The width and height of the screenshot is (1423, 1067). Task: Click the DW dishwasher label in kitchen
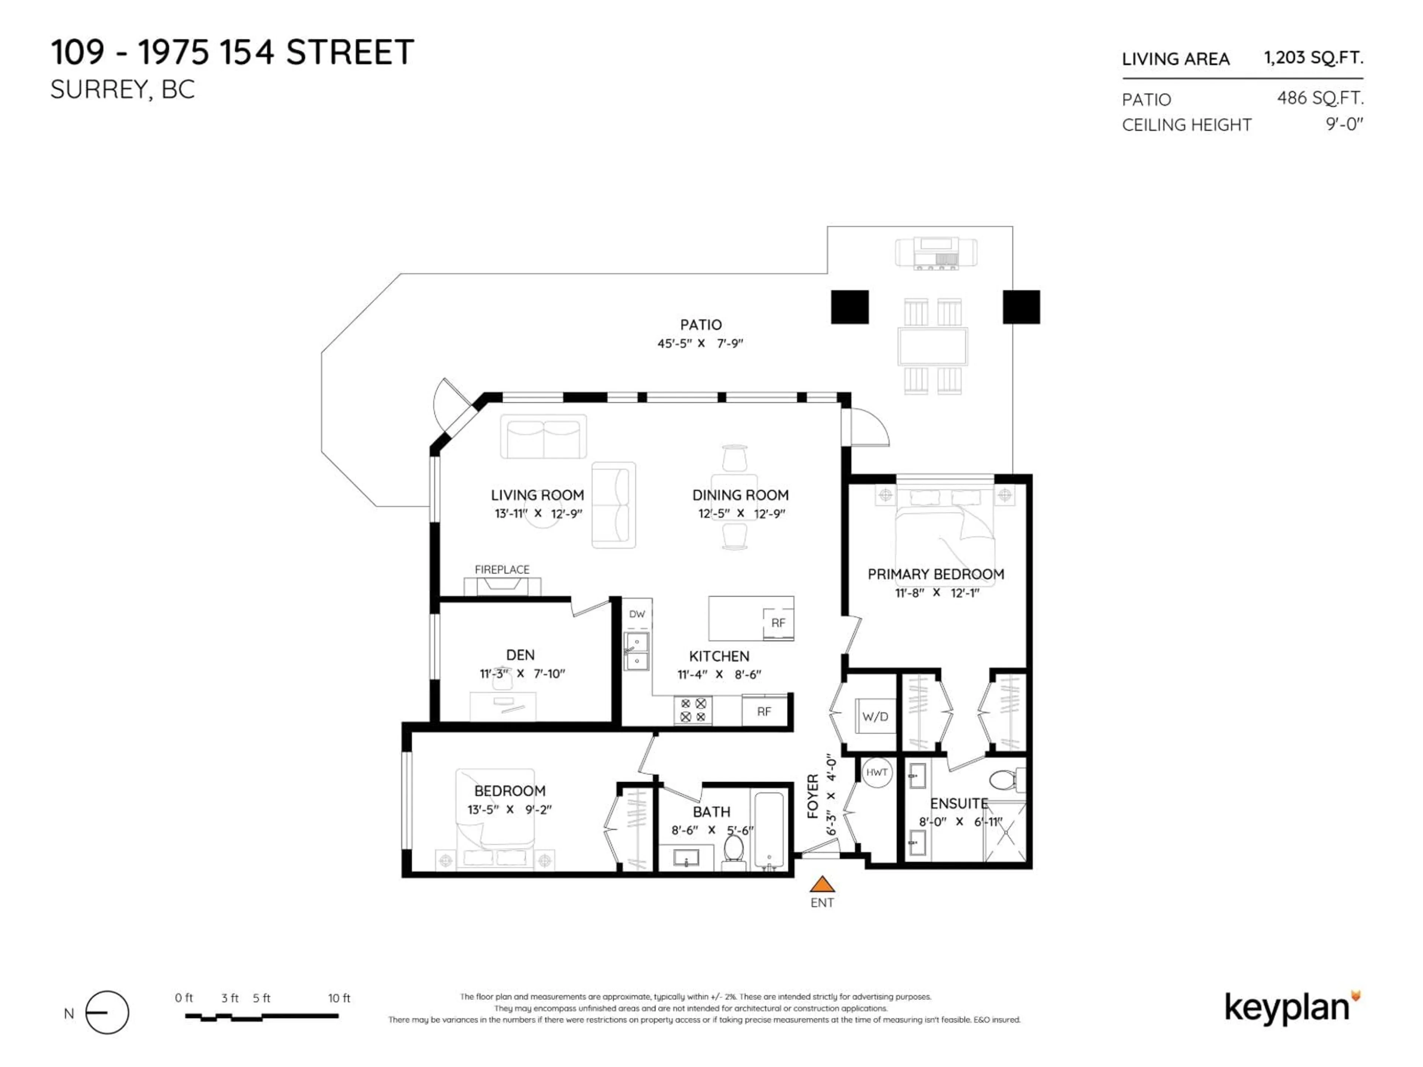coord(637,614)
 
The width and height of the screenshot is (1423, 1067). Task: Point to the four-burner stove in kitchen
coord(693,710)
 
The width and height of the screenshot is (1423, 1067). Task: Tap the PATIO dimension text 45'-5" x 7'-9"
coord(700,343)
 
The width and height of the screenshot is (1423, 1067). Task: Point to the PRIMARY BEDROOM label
coord(935,574)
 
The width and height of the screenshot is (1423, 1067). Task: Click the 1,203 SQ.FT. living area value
coord(1313,58)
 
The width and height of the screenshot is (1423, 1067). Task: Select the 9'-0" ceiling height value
coord(1344,124)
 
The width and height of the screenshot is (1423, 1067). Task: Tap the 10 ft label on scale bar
coord(339,998)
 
